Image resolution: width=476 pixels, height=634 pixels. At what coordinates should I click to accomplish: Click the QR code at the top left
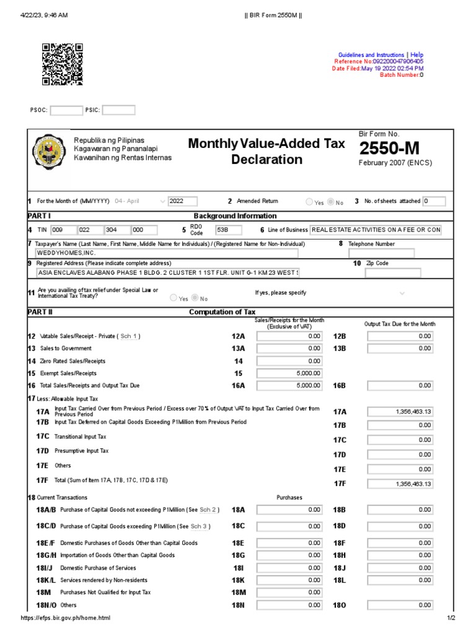(x=62, y=64)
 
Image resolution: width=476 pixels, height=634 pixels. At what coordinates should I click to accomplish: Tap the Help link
(x=417, y=55)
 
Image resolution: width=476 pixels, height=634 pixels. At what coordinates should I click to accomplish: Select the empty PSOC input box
(x=66, y=110)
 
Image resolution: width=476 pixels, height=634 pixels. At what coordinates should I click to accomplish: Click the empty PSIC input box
(x=118, y=110)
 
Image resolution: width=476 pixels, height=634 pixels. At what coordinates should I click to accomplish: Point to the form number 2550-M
(x=389, y=149)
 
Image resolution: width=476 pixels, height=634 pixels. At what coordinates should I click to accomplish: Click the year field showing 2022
(x=183, y=201)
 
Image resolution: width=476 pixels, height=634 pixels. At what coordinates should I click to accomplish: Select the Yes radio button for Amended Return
(x=309, y=202)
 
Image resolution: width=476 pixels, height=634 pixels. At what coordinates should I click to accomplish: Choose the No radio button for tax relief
(x=193, y=298)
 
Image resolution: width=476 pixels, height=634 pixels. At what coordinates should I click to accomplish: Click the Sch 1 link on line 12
(x=129, y=336)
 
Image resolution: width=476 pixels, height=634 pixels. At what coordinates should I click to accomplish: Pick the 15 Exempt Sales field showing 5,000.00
(x=289, y=373)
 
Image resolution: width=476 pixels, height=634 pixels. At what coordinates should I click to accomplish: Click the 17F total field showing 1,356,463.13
(x=400, y=484)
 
